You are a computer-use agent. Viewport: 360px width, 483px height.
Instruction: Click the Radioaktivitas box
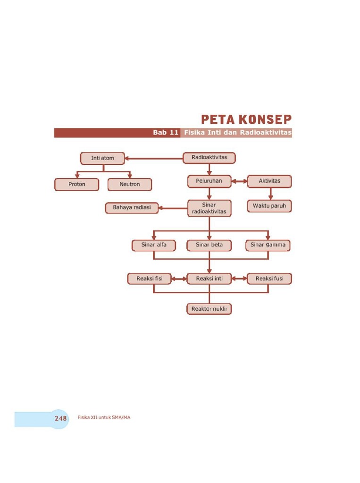point(209,158)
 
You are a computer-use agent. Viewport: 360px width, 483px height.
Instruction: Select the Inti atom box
point(102,158)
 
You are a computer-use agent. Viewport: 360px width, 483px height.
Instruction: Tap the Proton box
point(77,184)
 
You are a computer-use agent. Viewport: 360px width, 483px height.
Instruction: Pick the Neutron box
point(130,184)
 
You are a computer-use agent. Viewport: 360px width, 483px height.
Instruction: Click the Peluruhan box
point(209,181)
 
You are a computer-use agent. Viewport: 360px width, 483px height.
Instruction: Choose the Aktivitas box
point(269,181)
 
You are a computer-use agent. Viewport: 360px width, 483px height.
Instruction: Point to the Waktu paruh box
point(269,206)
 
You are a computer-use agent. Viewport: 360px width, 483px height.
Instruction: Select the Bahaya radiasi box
point(132,207)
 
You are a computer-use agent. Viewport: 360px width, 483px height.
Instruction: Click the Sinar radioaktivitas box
point(209,208)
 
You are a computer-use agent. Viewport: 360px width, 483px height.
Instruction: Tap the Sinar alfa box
point(153,245)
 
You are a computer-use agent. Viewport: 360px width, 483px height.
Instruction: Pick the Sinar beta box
point(209,245)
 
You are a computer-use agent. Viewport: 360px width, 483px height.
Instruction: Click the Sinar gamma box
point(268,245)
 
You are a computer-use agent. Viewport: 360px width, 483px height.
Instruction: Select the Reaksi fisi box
point(150,279)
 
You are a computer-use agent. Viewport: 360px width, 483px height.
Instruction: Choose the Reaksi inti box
point(209,279)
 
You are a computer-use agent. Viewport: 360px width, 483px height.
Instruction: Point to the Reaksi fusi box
point(269,279)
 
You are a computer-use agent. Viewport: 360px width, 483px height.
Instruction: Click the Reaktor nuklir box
point(209,309)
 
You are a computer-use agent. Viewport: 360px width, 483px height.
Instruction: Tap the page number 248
point(60,418)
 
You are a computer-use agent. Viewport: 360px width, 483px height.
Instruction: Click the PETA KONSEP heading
point(246,119)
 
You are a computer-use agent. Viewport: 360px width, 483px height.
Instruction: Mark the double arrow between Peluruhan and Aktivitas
point(240,181)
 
